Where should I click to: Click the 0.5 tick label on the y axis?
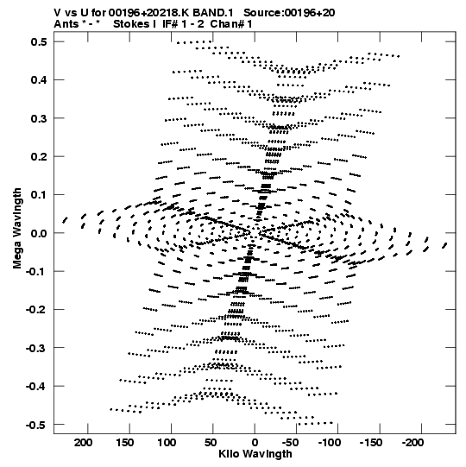point(39,42)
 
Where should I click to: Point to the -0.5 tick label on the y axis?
point(36,425)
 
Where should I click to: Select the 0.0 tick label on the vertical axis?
point(39,233)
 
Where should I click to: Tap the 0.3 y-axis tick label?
point(39,118)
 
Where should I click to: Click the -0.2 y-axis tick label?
point(36,310)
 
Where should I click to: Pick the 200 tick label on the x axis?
point(84,443)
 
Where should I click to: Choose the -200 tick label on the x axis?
point(412,443)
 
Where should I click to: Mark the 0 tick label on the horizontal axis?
point(255,443)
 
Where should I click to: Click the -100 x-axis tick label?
point(330,443)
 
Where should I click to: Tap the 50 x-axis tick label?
point(211,443)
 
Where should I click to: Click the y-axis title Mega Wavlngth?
point(17,229)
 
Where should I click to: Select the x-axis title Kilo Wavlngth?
point(255,454)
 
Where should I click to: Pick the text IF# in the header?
point(170,24)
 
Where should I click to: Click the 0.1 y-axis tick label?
point(39,195)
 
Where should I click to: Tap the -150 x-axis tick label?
point(371,443)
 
